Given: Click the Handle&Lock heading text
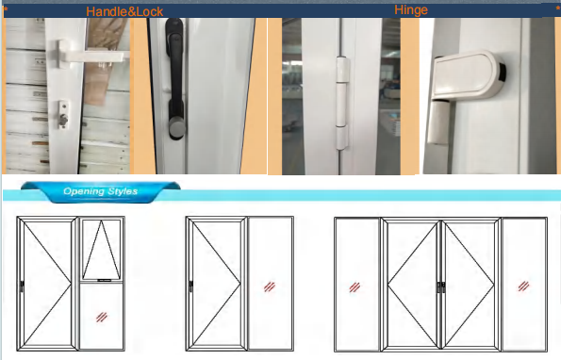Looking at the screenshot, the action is [x=124, y=11].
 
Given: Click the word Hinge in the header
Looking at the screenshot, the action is [x=411, y=10].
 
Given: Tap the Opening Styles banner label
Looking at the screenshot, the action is [x=101, y=191].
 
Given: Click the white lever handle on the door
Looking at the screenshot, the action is [x=93, y=56].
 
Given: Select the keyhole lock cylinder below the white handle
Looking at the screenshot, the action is [x=63, y=115].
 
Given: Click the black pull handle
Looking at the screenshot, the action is [x=175, y=79].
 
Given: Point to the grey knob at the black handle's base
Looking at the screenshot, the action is [x=177, y=128].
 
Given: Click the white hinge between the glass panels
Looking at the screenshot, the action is [x=342, y=103].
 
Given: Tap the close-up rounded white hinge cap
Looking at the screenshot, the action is [x=468, y=75].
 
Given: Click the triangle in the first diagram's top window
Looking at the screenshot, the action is [x=101, y=250].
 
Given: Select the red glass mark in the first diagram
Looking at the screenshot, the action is [x=102, y=317].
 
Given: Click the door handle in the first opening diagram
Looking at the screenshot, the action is [x=22, y=286].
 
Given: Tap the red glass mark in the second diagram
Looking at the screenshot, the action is [x=270, y=286].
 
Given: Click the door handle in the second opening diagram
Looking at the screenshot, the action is [x=191, y=286].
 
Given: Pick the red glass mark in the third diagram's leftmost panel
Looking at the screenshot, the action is [x=354, y=287].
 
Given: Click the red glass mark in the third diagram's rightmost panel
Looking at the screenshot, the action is [x=523, y=286].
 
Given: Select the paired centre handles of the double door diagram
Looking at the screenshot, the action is [x=441, y=287].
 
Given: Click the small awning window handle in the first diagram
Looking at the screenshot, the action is [x=104, y=281].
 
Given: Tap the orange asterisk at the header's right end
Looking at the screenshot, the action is [x=558, y=8].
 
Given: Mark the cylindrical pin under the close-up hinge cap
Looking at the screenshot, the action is [x=439, y=123].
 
